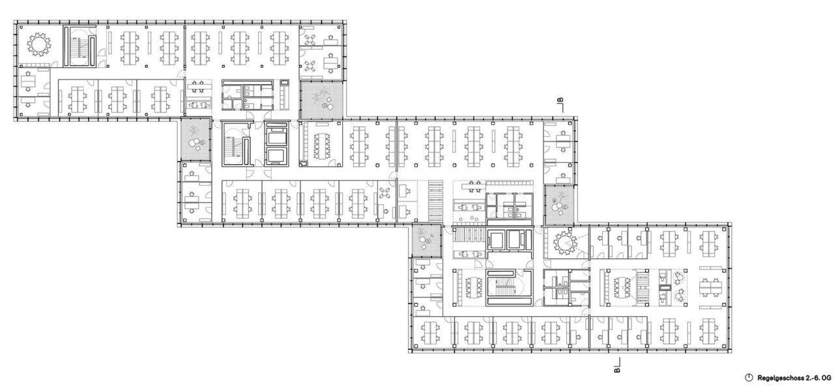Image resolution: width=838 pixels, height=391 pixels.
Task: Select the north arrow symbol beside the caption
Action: pos(749,377)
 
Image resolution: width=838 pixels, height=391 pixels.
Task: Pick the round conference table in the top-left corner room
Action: pos(38,44)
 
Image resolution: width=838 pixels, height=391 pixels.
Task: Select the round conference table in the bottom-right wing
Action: pos(564,244)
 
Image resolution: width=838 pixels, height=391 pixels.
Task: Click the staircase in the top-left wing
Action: pos(79,47)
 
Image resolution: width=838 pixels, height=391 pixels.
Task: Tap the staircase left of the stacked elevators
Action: pos(237,143)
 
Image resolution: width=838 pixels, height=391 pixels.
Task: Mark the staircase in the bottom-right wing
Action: pos(509,287)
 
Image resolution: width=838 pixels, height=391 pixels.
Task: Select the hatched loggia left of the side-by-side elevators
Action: pos(427,241)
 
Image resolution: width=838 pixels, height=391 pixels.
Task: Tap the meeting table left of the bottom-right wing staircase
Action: pos(472,287)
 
